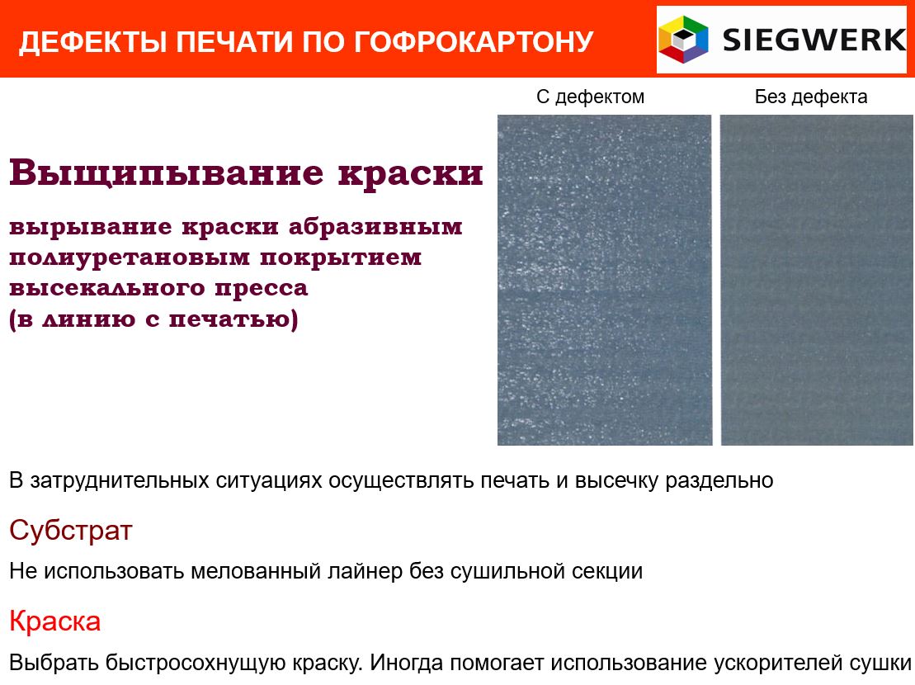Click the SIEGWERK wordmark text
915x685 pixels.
pos(814,40)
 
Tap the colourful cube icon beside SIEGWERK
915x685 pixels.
pos(683,39)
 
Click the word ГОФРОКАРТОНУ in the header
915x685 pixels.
pos(474,42)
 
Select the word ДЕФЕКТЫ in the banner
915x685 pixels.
pos(93,42)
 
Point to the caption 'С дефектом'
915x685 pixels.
pos(591,97)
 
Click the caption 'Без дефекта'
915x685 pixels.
pos(811,97)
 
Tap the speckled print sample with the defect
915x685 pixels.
pos(605,280)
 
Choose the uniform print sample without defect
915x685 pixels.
pos(817,280)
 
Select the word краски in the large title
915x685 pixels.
pos(411,174)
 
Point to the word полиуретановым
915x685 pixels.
pos(130,257)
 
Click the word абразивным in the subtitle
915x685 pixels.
pos(375,226)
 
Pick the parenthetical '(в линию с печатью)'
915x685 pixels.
pos(153,319)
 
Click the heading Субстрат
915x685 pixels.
pos(71,531)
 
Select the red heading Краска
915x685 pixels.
pos(54,621)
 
